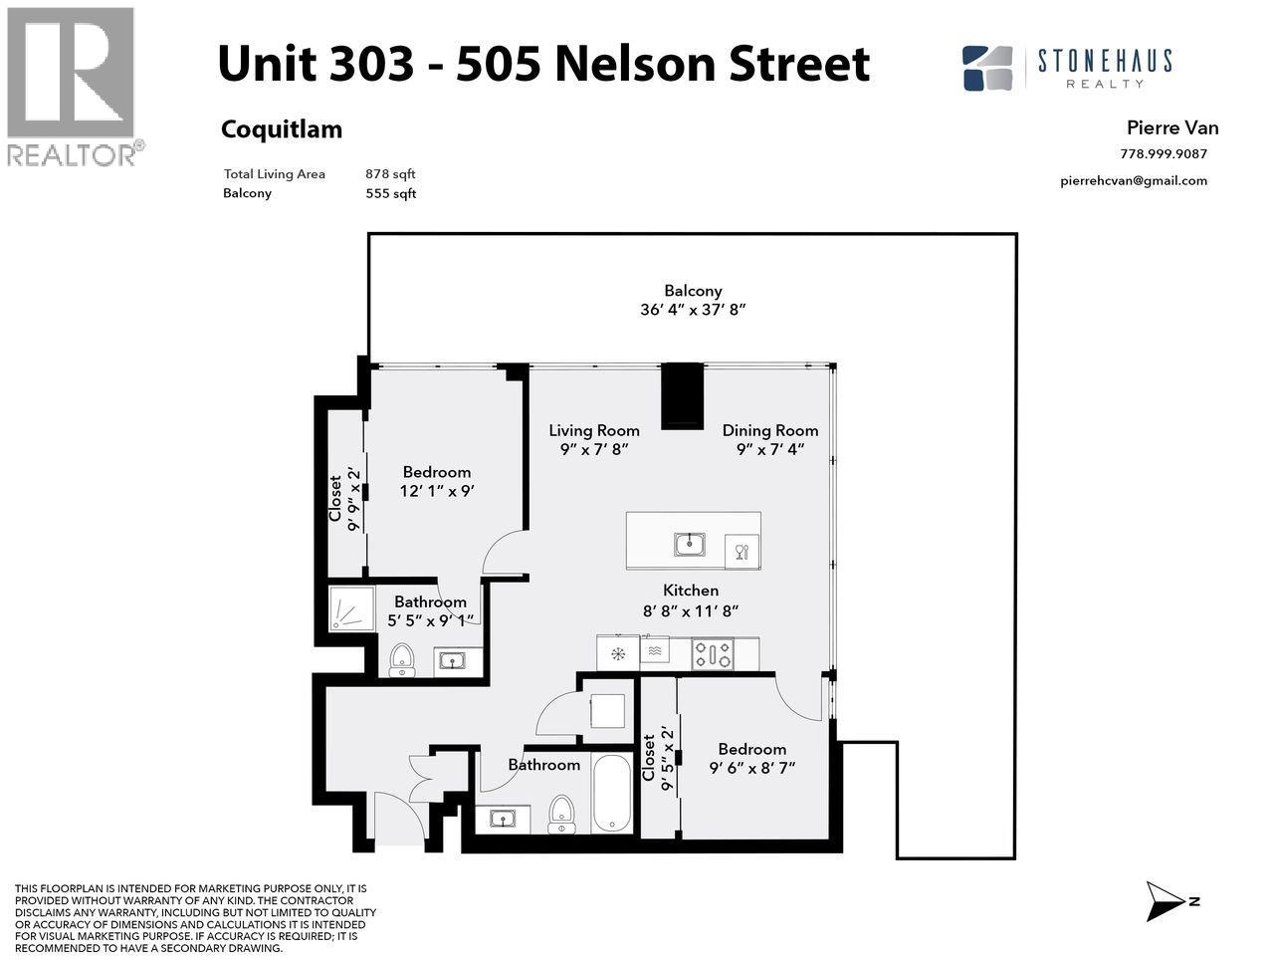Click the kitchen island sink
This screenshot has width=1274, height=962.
coord(689,544)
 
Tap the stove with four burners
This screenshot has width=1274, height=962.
coord(713,654)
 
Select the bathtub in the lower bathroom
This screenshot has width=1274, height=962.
coord(611,794)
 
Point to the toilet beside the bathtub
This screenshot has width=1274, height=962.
coord(562,813)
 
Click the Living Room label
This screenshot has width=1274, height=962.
coord(594,430)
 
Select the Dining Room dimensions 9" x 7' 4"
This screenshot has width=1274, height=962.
coord(769,449)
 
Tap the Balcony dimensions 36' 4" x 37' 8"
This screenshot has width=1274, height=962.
coord(693,310)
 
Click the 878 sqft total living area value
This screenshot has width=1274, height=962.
coord(390,174)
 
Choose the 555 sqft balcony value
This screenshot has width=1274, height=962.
coord(390,193)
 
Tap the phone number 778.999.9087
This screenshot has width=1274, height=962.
coord(1163,153)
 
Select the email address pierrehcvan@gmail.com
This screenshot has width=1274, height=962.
coord(1134,180)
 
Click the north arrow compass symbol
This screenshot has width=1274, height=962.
coord(1165,900)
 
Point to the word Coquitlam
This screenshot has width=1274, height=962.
coord(281,129)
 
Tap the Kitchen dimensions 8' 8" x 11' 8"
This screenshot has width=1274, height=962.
coord(691,610)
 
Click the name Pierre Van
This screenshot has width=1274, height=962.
coord(1171,127)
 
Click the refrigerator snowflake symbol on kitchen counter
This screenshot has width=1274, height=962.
coord(618,654)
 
